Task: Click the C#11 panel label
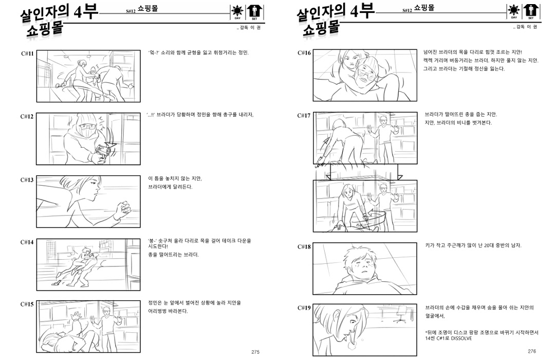(27, 53)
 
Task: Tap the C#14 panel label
(27, 242)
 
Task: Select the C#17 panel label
(304, 116)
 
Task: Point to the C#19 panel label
(304, 308)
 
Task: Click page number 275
(255, 352)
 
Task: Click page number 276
(532, 351)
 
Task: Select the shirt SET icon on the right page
(531, 12)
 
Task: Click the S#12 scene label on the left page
(131, 11)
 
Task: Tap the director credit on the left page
(249, 28)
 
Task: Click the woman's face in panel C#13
(92, 189)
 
